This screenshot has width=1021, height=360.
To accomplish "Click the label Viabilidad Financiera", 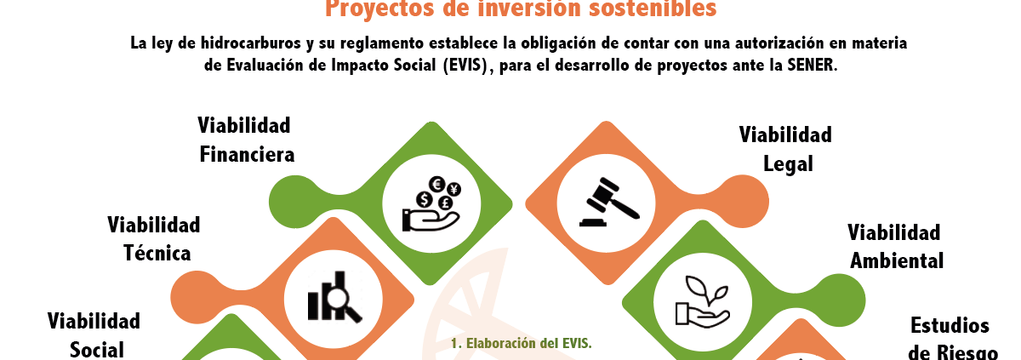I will pyautogui.click(x=246, y=140).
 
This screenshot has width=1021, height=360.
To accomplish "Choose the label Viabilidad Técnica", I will pyautogui.click(x=154, y=238).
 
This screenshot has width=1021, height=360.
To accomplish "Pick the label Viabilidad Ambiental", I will pyautogui.click(x=896, y=247).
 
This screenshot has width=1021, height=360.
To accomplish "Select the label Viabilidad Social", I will pyautogui.click(x=93, y=334).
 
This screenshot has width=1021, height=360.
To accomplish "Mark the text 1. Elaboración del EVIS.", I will pyautogui.click(x=521, y=343).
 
